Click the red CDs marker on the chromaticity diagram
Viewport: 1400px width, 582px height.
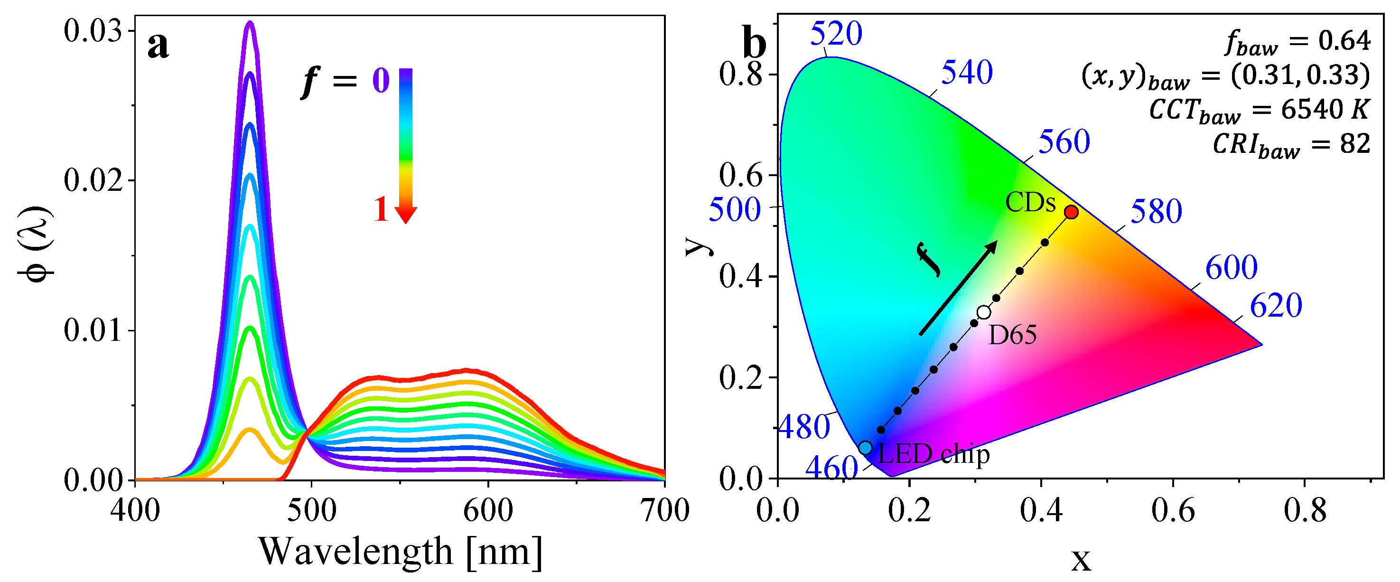click(1071, 212)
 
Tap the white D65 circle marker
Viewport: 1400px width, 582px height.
click(984, 312)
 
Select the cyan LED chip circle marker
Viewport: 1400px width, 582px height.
click(865, 448)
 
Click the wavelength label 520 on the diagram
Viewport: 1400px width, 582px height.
click(836, 34)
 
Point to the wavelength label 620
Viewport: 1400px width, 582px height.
click(1276, 305)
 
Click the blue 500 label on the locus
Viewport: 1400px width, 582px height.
click(734, 210)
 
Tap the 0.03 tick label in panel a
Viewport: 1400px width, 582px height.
click(93, 31)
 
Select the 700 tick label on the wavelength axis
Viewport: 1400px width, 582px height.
click(665, 511)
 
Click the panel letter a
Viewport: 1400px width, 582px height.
click(158, 46)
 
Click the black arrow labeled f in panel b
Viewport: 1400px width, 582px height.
click(958, 288)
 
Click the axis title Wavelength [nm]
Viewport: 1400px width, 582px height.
click(401, 552)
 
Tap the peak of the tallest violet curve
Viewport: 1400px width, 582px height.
click(250, 23)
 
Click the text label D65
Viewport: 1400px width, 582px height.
click(1012, 335)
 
